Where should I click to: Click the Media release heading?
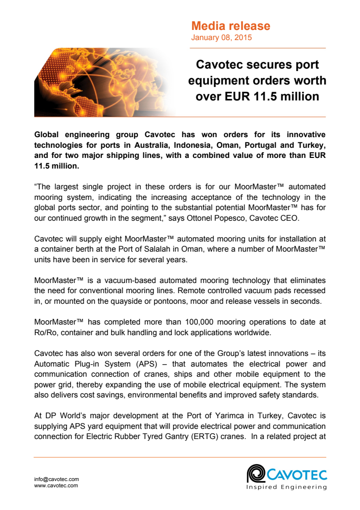point(231,26)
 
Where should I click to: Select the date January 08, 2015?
point(222,37)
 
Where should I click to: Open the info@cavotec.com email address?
point(56,479)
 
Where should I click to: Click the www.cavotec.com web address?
point(56,485)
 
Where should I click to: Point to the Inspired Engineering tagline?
point(286,487)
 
